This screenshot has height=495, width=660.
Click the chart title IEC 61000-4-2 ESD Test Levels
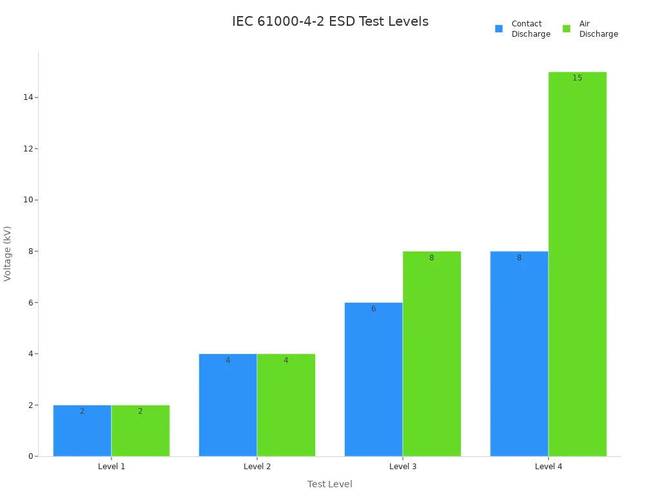[x=330, y=21]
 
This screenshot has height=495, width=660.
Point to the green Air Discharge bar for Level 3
[x=432, y=354]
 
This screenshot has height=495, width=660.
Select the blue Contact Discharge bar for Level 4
[x=519, y=354]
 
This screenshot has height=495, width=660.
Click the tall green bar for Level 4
[x=577, y=264]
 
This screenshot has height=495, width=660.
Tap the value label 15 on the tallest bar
[x=577, y=78]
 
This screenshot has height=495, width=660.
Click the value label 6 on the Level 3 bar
[x=373, y=309]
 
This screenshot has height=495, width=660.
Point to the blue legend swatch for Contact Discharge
[x=499, y=28]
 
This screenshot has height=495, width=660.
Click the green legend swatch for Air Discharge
[x=567, y=28]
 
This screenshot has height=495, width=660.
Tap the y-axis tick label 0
[x=30, y=456]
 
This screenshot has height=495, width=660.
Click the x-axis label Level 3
[x=403, y=466]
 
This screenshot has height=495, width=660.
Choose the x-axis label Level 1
[x=112, y=466]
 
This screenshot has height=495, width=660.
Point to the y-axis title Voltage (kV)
[x=8, y=253]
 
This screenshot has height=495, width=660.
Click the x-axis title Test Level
[x=330, y=484]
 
